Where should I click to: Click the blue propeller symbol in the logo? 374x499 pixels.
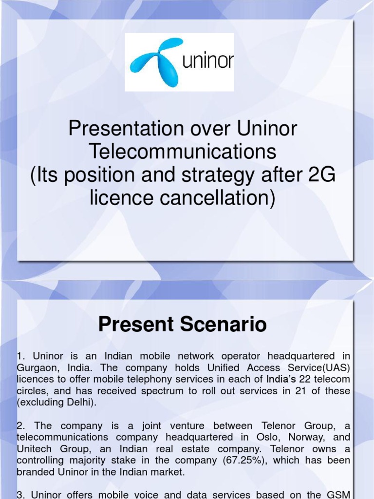click(x=153, y=61)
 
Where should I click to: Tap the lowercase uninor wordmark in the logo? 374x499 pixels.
click(x=207, y=62)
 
